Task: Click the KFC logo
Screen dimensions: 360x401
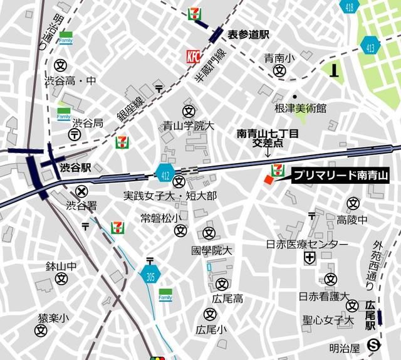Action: tap(193, 56)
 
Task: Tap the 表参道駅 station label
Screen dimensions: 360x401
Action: tap(247, 35)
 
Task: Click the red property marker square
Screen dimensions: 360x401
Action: tap(268, 181)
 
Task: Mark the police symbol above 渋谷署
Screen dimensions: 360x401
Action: tap(81, 191)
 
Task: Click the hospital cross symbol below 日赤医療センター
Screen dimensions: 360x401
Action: tap(310, 257)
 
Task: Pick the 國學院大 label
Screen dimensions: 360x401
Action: tap(212, 250)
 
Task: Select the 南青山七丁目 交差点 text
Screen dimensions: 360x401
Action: tap(268, 137)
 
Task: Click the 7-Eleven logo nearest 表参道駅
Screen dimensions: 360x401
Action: tap(195, 13)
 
